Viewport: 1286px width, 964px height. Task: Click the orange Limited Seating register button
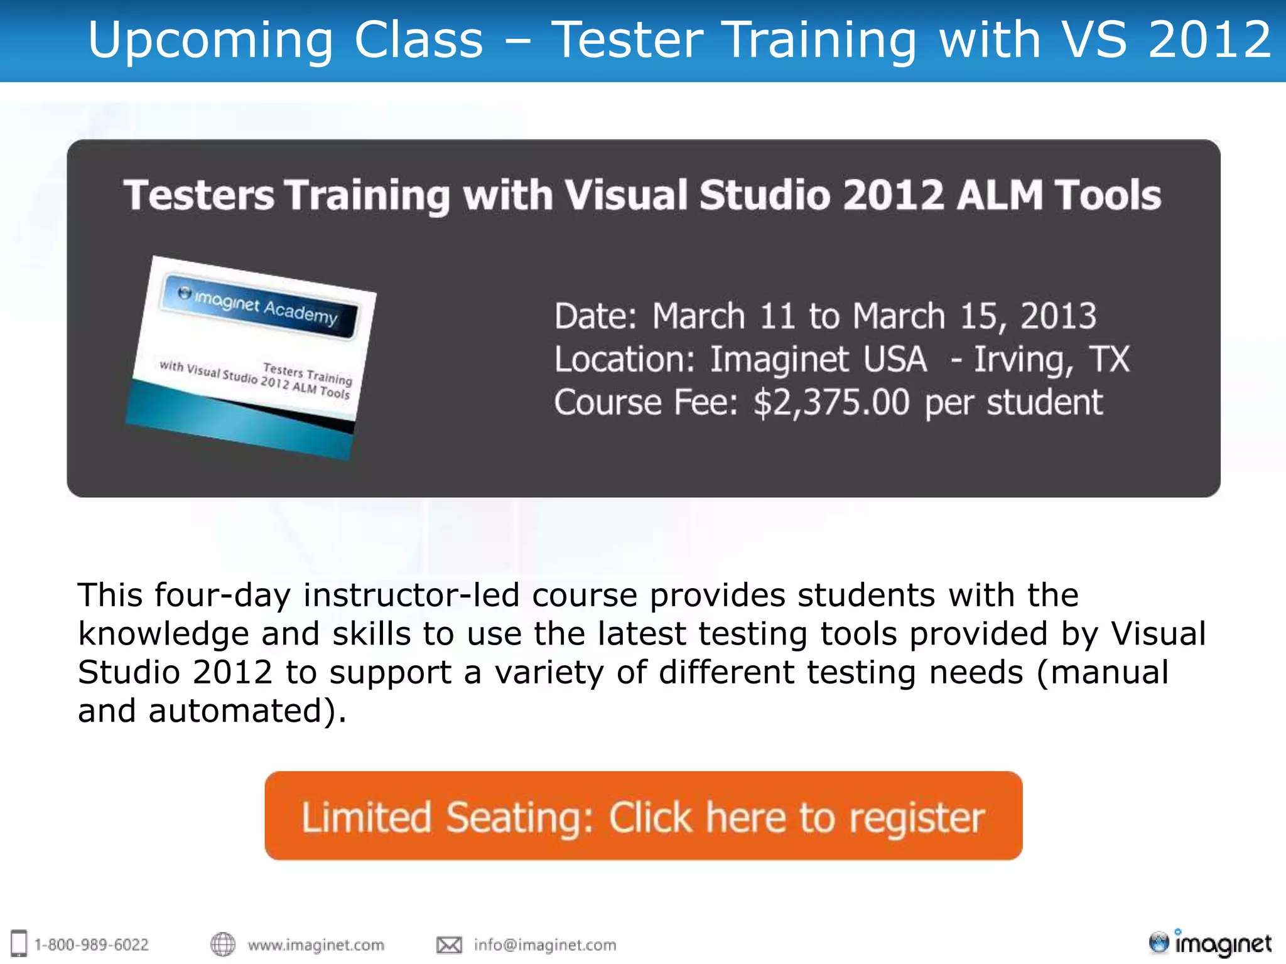pyautogui.click(x=643, y=816)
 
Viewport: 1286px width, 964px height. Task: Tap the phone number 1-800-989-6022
pyautogui.click(x=92, y=945)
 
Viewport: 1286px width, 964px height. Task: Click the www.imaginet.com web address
pyautogui.click(x=316, y=945)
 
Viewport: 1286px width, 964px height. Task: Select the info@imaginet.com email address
pyautogui.click(x=545, y=945)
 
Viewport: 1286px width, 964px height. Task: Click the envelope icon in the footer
pyautogui.click(x=449, y=945)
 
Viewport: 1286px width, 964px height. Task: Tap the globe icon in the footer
pyautogui.click(x=223, y=944)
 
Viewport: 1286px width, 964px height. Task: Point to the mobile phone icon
pyautogui.click(x=19, y=943)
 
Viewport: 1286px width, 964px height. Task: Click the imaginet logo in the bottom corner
pyautogui.click(x=1210, y=943)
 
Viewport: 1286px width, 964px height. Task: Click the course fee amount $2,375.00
pyautogui.click(x=831, y=402)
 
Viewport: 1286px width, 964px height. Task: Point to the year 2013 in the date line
pyautogui.click(x=1058, y=316)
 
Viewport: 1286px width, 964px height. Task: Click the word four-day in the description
pyautogui.click(x=222, y=595)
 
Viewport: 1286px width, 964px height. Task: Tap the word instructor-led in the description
pyautogui.click(x=411, y=595)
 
